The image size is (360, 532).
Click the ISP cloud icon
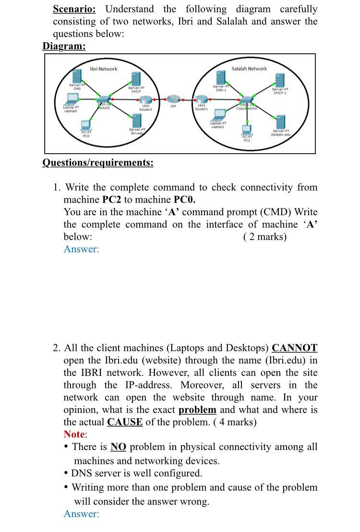(x=173, y=99)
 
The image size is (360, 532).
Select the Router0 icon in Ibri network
(x=145, y=99)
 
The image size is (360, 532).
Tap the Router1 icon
(x=201, y=99)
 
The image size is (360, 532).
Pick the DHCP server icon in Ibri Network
(x=136, y=79)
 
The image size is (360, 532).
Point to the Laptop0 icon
(x=72, y=99)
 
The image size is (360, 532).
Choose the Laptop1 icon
(x=219, y=115)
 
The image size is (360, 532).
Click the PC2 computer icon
(x=247, y=129)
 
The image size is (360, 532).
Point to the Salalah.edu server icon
(x=281, y=121)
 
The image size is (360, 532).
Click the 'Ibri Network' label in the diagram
(x=104, y=69)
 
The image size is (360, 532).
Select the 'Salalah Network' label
(x=249, y=69)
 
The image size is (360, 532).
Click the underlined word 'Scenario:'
(x=74, y=9)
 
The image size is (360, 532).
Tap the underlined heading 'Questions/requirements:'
(x=98, y=163)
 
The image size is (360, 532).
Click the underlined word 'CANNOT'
(x=294, y=348)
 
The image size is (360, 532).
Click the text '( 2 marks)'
(x=264, y=237)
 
